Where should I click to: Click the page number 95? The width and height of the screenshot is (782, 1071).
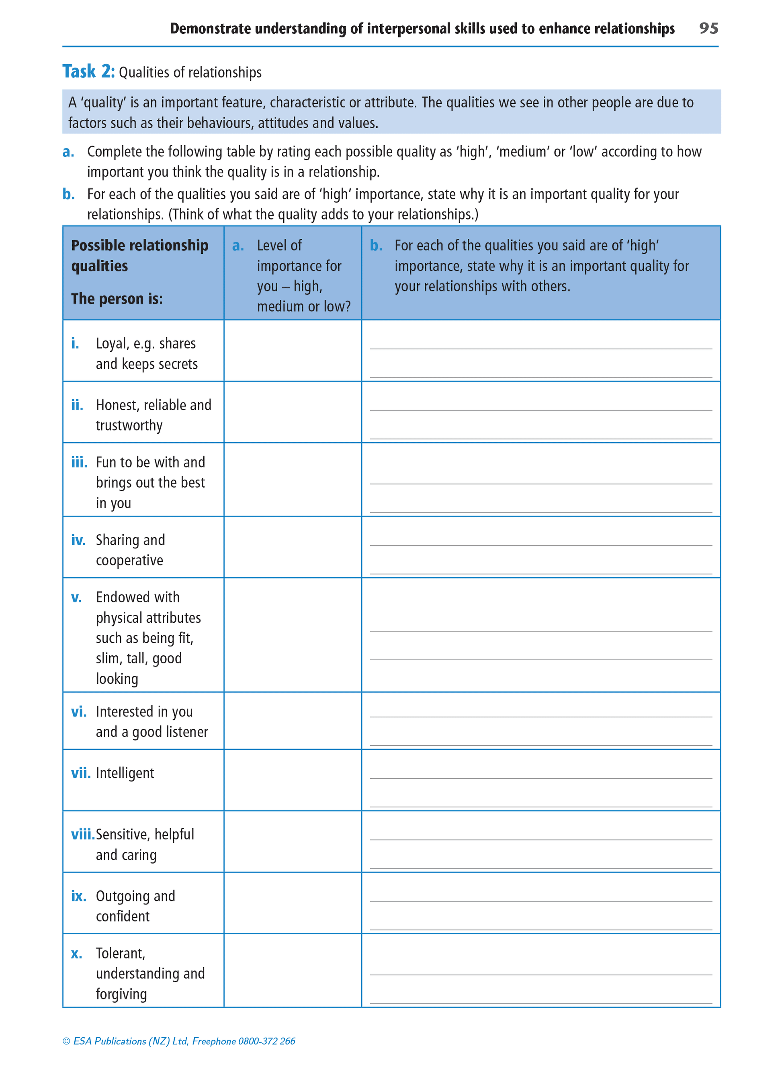click(x=708, y=29)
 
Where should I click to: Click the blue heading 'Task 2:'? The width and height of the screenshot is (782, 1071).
click(x=88, y=72)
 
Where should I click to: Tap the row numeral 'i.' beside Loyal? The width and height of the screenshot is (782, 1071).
click(x=75, y=343)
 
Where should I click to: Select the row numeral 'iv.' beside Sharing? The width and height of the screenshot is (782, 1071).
click(x=78, y=540)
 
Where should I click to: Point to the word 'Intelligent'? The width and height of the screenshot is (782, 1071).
click(x=125, y=773)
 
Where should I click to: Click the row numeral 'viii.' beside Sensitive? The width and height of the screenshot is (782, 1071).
click(x=83, y=835)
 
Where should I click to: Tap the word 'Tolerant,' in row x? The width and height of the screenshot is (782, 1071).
click(x=121, y=953)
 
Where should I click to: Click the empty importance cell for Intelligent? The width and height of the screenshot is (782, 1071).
click(x=293, y=780)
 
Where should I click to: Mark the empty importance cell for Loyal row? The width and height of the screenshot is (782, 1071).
click(x=293, y=351)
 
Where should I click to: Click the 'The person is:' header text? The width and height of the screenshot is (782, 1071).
click(x=117, y=299)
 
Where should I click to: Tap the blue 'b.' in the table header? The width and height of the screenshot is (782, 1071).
click(x=376, y=245)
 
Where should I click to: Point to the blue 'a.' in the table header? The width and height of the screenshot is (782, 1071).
click(x=238, y=245)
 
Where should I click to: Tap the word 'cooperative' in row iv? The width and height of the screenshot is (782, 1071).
click(x=129, y=560)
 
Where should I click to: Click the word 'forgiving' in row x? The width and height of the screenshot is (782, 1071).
click(x=121, y=994)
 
